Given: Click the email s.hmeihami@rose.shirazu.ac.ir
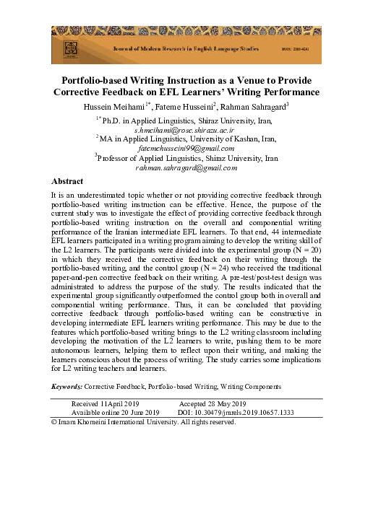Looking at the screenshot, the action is tap(186, 130).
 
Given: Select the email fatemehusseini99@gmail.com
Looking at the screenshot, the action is tap(186, 148).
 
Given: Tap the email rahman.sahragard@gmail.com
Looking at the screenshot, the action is tap(186, 167).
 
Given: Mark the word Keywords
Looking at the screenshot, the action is tap(67, 387).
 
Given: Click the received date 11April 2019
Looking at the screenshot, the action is tap(119, 403).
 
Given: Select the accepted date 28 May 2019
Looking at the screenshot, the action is tap(223, 403).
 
